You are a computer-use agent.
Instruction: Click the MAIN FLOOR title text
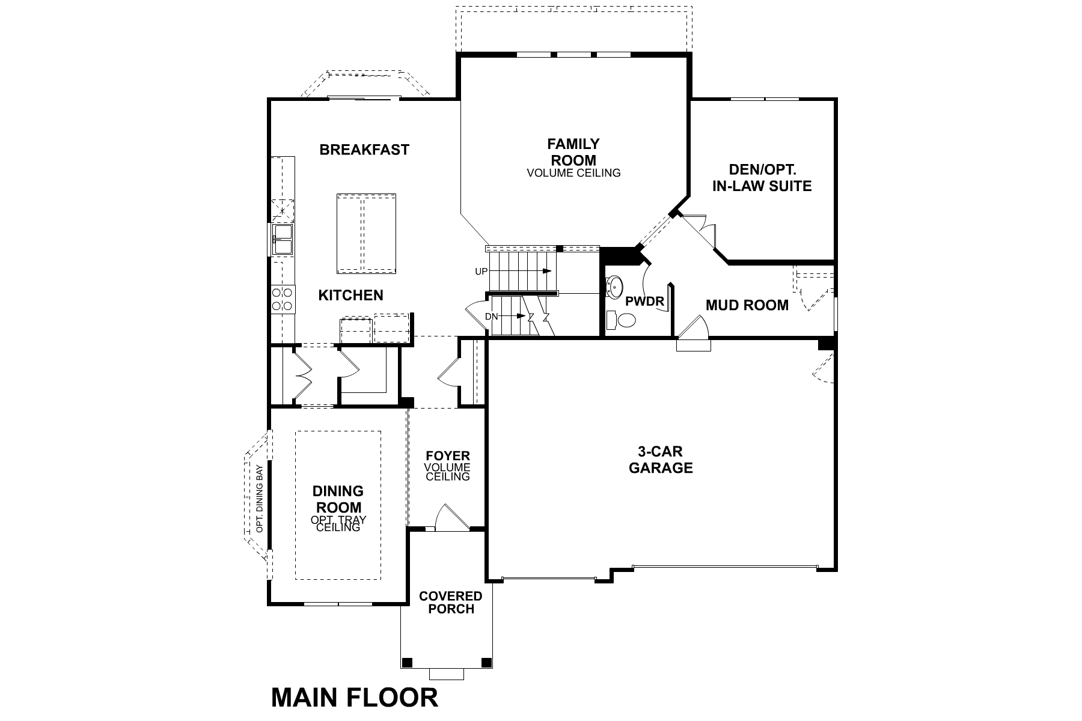pyautogui.click(x=355, y=698)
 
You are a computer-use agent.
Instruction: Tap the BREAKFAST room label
pyautogui.click(x=364, y=150)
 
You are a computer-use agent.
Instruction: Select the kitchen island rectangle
pyautogui.click(x=366, y=234)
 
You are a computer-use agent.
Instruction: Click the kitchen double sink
pyautogui.click(x=282, y=239)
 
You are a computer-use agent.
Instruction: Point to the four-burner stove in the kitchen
pyautogui.click(x=282, y=299)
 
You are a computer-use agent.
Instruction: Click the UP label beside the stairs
pyautogui.click(x=481, y=272)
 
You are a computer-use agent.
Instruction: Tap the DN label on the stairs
pyautogui.click(x=491, y=316)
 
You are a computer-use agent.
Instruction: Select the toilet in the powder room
pyautogui.click(x=622, y=320)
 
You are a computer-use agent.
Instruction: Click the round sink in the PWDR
pyautogui.click(x=616, y=287)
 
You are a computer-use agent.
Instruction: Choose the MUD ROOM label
pyautogui.click(x=747, y=305)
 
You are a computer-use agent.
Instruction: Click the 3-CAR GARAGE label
pyautogui.click(x=661, y=460)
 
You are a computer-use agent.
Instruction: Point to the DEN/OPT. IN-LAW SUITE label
pyautogui.click(x=762, y=178)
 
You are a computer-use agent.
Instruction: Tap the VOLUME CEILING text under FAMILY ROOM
pyautogui.click(x=573, y=173)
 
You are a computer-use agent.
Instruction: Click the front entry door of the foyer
pyautogui.click(x=450, y=519)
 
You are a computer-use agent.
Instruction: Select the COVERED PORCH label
pyautogui.click(x=450, y=602)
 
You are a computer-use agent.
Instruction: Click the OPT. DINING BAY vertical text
pyautogui.click(x=260, y=499)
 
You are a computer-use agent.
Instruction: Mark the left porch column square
pyautogui.click(x=407, y=663)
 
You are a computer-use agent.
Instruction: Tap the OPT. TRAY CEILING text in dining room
pyautogui.click(x=338, y=523)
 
